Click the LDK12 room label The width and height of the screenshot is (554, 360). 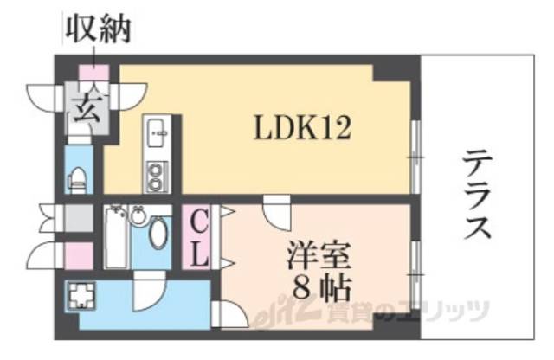pos(301,129)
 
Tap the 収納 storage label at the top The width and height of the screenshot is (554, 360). pos(97,30)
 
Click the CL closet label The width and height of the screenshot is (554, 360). pos(197,238)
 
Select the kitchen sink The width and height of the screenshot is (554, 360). pos(158,133)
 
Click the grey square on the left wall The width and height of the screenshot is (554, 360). pos(78,215)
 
